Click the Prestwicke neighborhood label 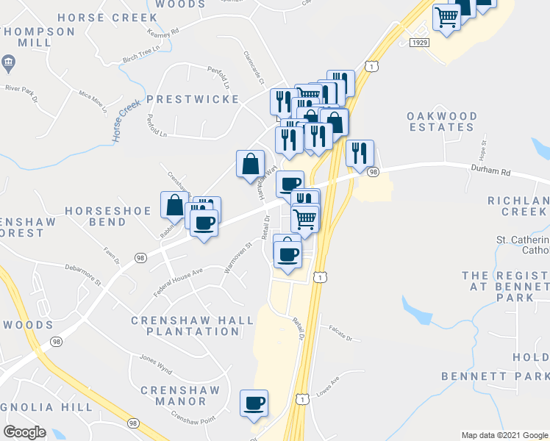point(192,99)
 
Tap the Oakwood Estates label point(442,121)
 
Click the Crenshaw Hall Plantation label point(185,326)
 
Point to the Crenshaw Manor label point(174,395)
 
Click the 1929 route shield point(419,43)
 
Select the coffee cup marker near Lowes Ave point(254,403)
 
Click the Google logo point(25,432)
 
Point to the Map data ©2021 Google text point(504,435)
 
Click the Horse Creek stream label point(126,121)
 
